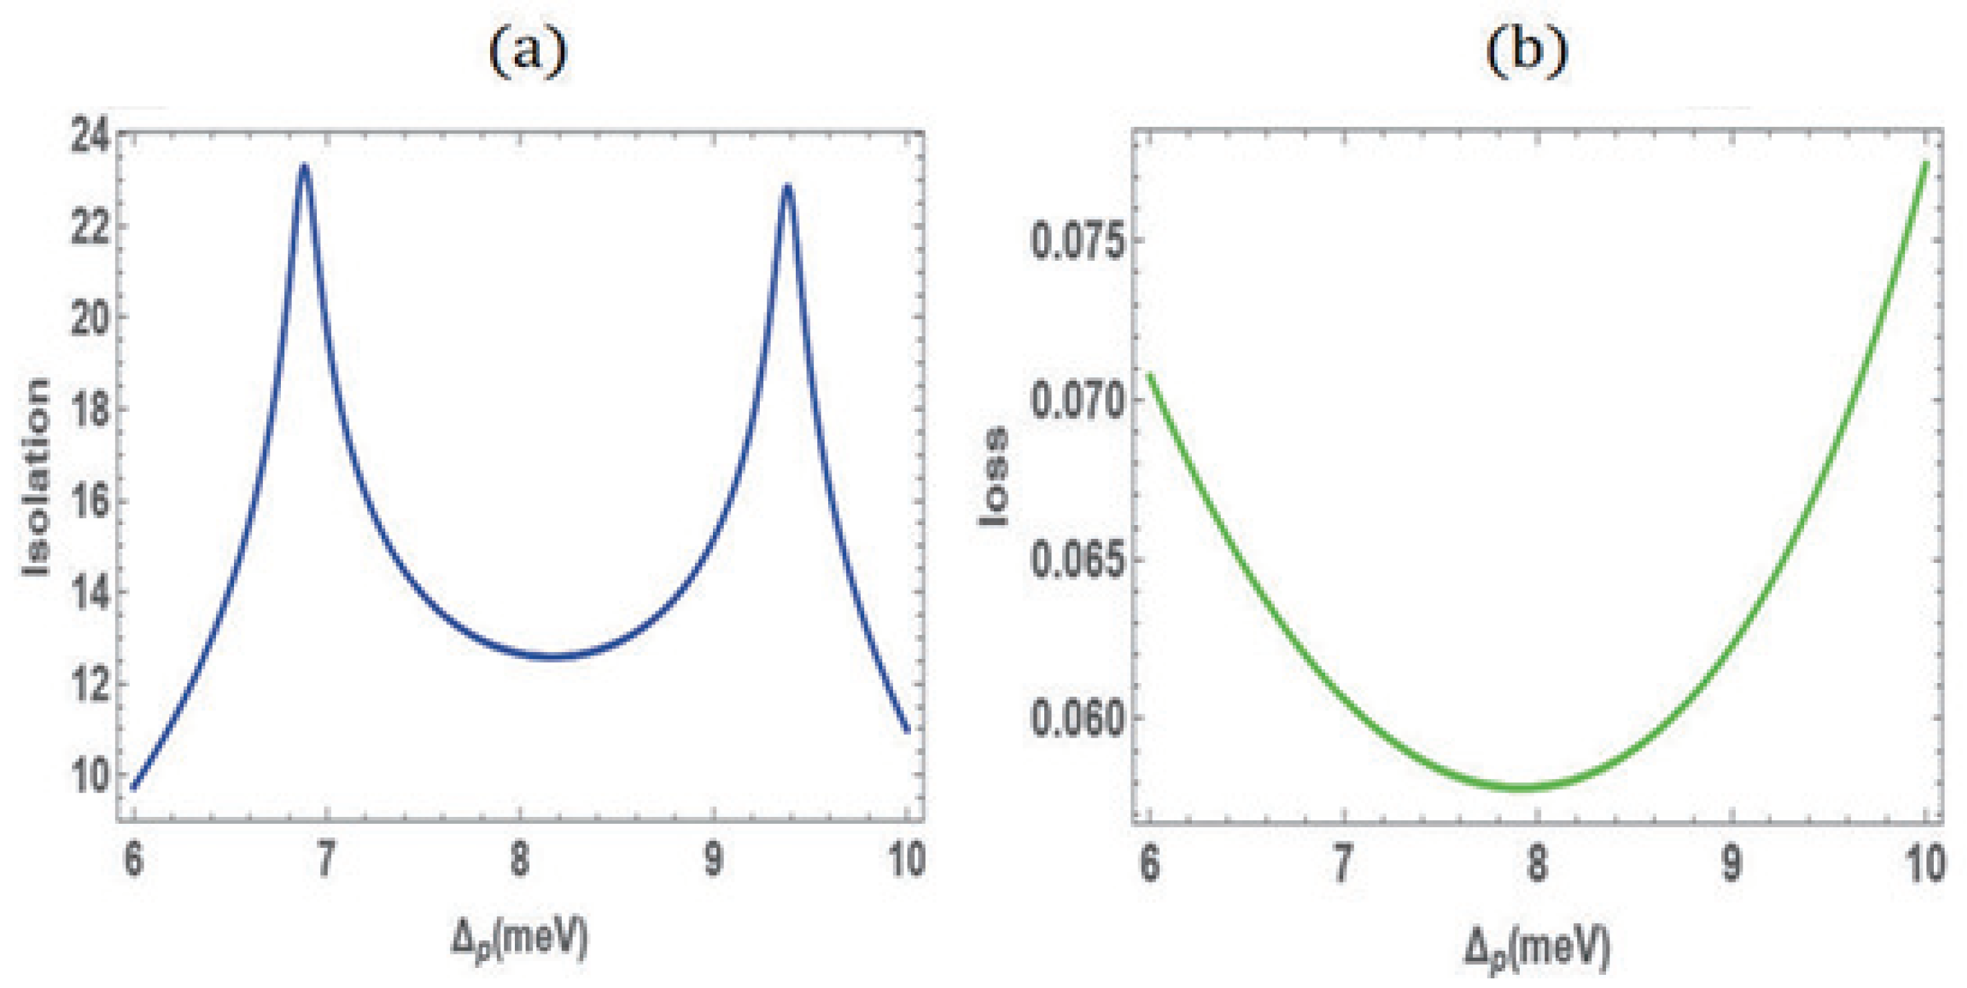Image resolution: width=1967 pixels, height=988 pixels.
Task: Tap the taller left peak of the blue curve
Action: click(x=304, y=166)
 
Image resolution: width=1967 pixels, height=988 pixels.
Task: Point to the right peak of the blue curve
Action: click(x=787, y=186)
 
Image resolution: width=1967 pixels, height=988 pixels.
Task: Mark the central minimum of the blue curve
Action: click(x=554, y=657)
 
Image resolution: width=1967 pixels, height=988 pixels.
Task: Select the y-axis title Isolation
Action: click(x=36, y=477)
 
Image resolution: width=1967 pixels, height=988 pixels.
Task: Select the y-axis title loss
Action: click(x=994, y=477)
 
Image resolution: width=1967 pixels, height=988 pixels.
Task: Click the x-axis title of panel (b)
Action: click(x=1536, y=947)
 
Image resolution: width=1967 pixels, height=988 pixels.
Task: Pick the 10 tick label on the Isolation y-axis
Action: click(x=88, y=774)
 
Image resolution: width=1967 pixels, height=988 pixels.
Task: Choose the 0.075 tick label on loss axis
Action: click(x=1077, y=241)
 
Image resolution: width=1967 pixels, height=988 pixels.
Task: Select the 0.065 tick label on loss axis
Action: click(x=1077, y=560)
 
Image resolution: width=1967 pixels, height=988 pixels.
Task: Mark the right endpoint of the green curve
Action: click(x=1926, y=164)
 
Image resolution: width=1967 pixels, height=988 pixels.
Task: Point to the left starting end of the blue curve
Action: click(x=134, y=787)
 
